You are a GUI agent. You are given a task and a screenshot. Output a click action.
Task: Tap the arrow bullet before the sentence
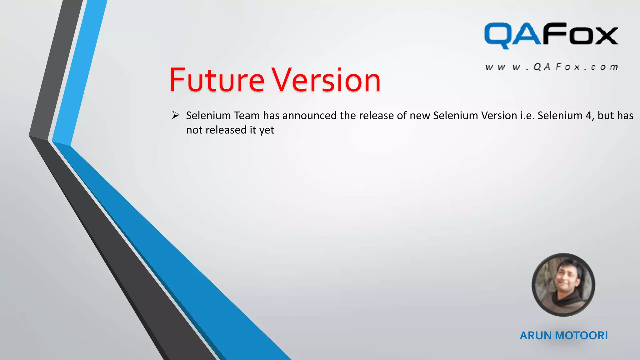tap(175, 115)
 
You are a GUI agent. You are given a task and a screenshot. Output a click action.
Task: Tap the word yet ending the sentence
tap(267, 130)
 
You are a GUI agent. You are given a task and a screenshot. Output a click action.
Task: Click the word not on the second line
tap(194, 130)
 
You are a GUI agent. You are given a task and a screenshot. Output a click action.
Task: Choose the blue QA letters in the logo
tap(512, 35)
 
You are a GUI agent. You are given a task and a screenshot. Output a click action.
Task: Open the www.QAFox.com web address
tap(552, 67)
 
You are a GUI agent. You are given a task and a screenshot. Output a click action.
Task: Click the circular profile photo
tap(563, 284)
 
